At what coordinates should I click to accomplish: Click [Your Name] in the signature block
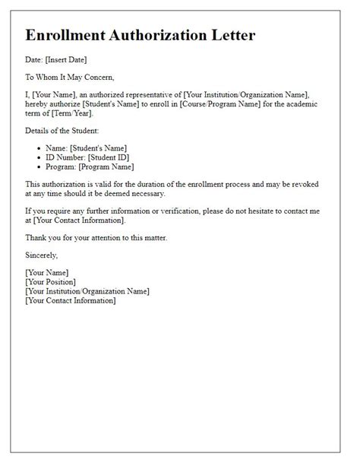(x=47, y=272)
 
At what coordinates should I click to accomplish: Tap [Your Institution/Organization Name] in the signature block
(x=87, y=292)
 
